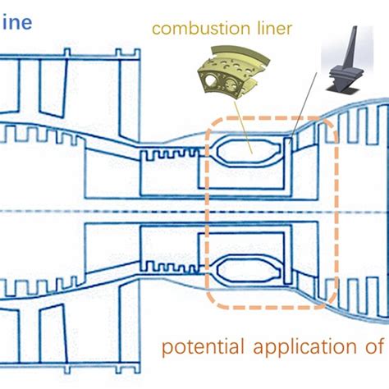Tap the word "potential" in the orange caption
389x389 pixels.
[x=194, y=347]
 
